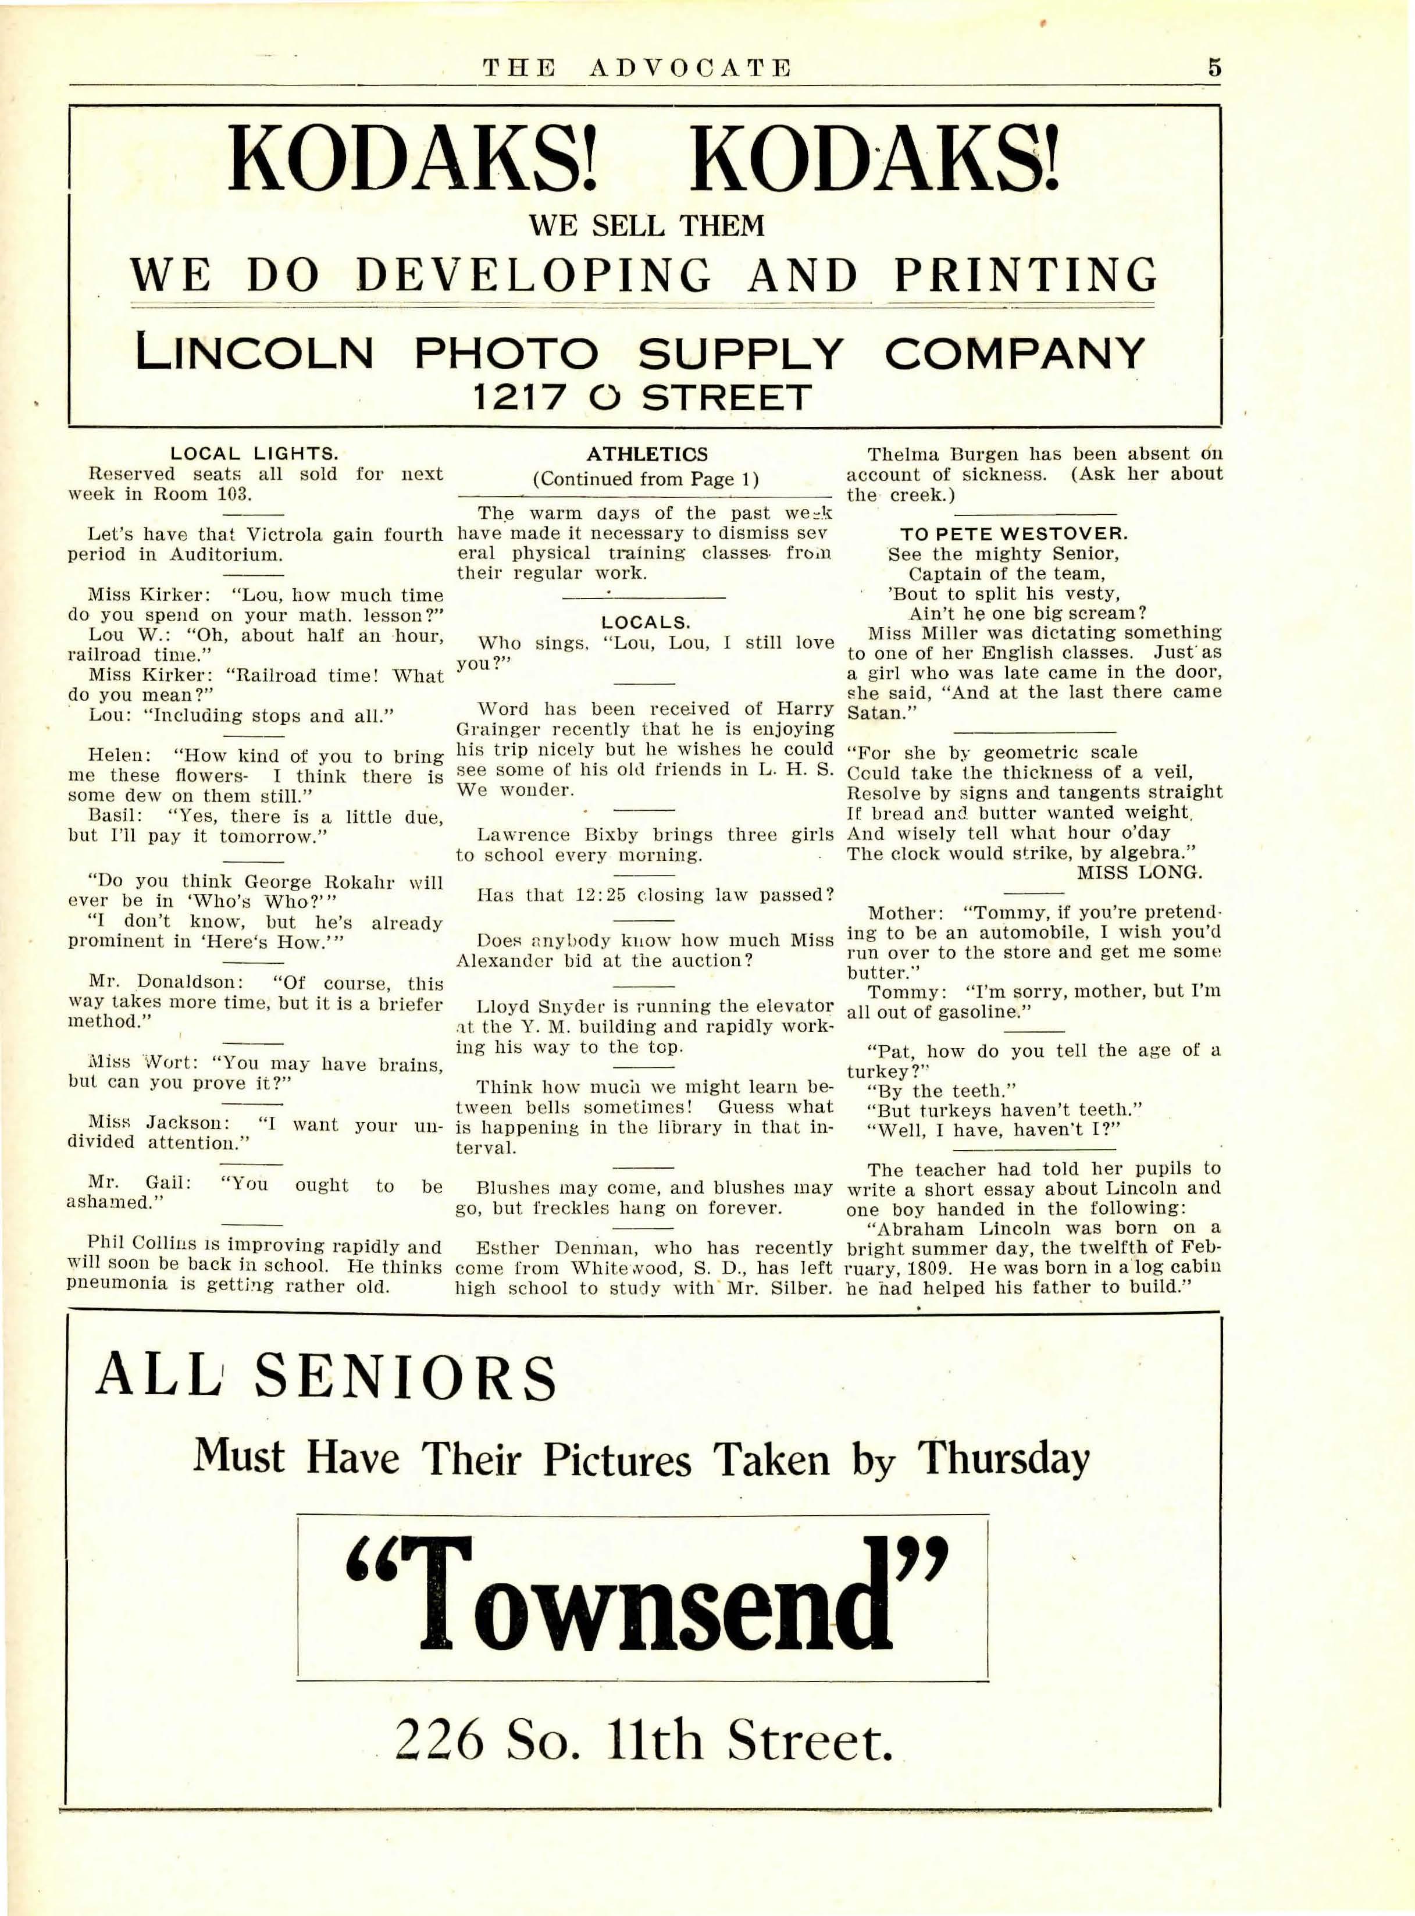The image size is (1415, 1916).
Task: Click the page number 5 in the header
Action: click(x=1214, y=67)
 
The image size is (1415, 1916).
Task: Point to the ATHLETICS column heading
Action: click(x=647, y=454)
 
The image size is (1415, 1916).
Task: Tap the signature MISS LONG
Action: click(x=1139, y=872)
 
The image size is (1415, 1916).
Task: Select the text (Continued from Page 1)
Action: click(x=646, y=480)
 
